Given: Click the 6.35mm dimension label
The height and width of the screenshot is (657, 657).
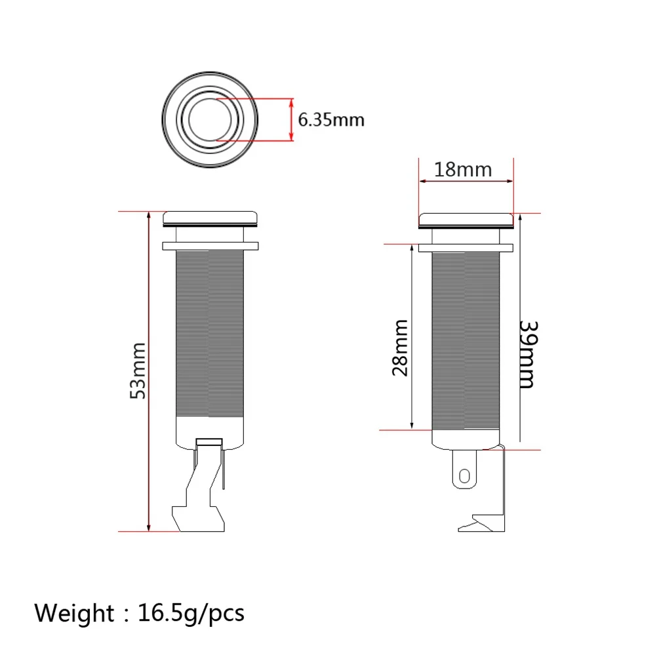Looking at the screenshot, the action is [331, 120].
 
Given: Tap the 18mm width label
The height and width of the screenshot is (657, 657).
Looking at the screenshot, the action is [462, 170].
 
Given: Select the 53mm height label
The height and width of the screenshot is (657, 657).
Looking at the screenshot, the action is [138, 370].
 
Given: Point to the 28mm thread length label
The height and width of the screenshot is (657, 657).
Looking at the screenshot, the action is [400, 348].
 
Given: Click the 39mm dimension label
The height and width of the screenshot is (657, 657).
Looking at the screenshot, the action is [528, 355].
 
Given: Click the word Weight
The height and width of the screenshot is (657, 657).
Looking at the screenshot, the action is [73, 613].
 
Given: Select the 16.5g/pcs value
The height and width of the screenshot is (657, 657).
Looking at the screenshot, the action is [191, 614].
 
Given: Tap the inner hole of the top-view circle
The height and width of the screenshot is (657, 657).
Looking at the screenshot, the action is [210, 120].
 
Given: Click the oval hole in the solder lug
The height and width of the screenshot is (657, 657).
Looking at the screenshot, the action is [464, 476].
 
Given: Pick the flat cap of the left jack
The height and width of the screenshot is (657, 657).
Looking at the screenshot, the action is [210, 218].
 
